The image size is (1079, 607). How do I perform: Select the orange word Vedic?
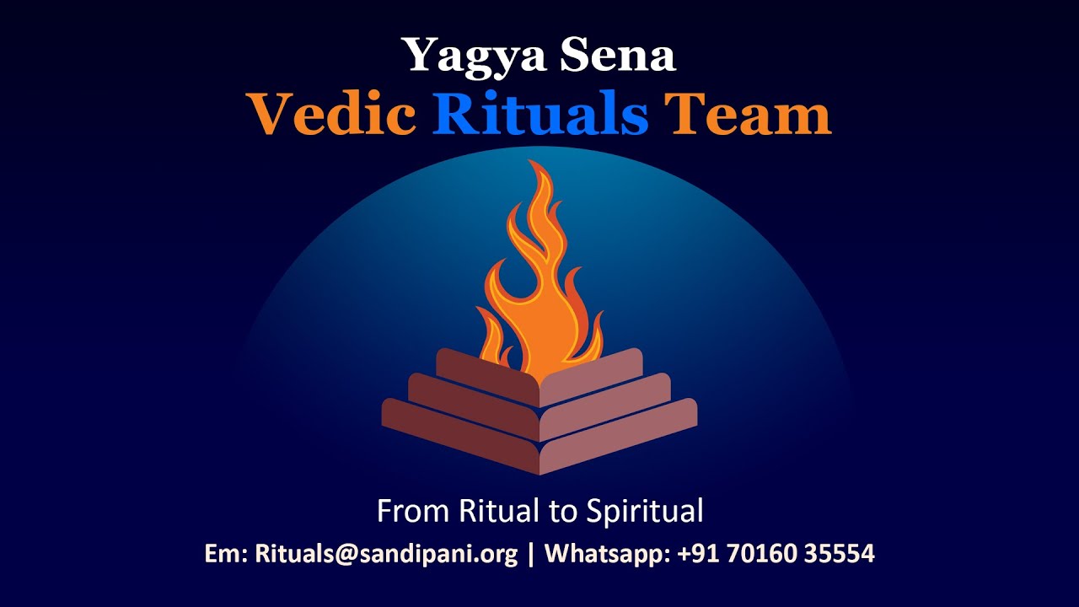pyautogui.click(x=330, y=115)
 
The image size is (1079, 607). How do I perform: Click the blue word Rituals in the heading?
pyautogui.click(x=540, y=115)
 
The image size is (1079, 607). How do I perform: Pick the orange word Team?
pyautogui.click(x=747, y=115)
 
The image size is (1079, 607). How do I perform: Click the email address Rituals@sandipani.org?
pyautogui.click(x=386, y=555)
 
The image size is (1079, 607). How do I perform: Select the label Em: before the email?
pyautogui.click(x=226, y=555)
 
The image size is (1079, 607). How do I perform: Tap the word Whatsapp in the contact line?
pyautogui.click(x=606, y=555)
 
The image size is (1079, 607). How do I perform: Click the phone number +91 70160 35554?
pyautogui.click(x=776, y=555)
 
